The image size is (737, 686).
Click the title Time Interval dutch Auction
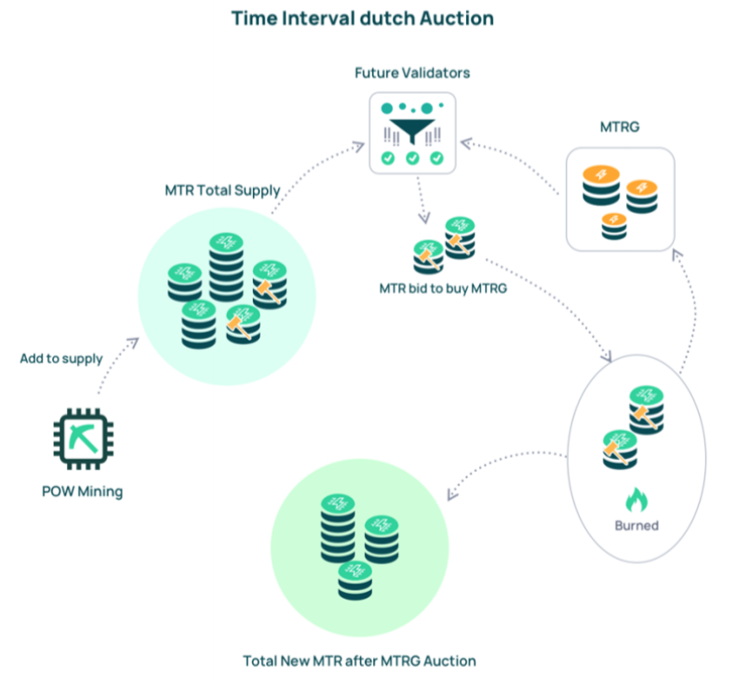(x=362, y=18)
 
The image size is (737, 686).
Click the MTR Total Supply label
(x=221, y=191)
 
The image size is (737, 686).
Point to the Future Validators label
(x=413, y=72)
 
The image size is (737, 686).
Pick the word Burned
(x=636, y=526)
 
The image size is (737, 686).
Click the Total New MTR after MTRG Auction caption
(x=359, y=661)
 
